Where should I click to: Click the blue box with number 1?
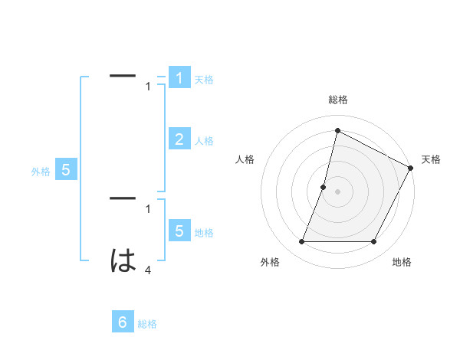179,77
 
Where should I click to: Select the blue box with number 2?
179,139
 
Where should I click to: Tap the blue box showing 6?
123,322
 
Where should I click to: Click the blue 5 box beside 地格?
179,231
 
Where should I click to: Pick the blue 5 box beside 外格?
66,170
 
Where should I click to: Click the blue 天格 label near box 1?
204,80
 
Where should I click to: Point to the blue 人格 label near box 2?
204,141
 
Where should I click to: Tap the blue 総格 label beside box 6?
147,324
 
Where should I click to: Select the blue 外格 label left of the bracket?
41,172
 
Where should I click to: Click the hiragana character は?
123,260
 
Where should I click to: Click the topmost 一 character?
123,76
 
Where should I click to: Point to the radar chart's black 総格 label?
337,100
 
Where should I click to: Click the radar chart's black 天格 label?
431,159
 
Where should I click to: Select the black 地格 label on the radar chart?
402,262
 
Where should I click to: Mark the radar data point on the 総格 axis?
337,130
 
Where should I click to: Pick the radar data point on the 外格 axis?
301,242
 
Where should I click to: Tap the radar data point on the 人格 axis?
324,187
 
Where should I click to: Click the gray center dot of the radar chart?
337,191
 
